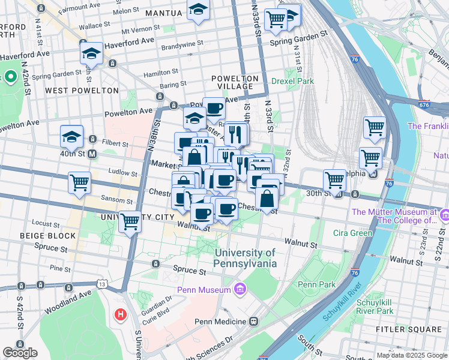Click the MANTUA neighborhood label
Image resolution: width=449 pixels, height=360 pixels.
tap(163, 13)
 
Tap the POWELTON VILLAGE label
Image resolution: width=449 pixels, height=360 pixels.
tap(235, 83)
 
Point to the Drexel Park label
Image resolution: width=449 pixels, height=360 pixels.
tap(292, 81)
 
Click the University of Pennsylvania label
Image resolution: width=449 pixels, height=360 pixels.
tap(246, 258)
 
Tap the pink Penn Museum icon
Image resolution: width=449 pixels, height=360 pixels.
tap(240, 290)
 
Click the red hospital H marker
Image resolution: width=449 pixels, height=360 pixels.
tap(121, 314)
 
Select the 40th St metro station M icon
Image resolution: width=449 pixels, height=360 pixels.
tap(92, 154)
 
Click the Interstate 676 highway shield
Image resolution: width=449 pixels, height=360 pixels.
tap(426, 105)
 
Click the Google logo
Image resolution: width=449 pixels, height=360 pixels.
tap(20, 353)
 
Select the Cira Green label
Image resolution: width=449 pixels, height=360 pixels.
tap(352, 232)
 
